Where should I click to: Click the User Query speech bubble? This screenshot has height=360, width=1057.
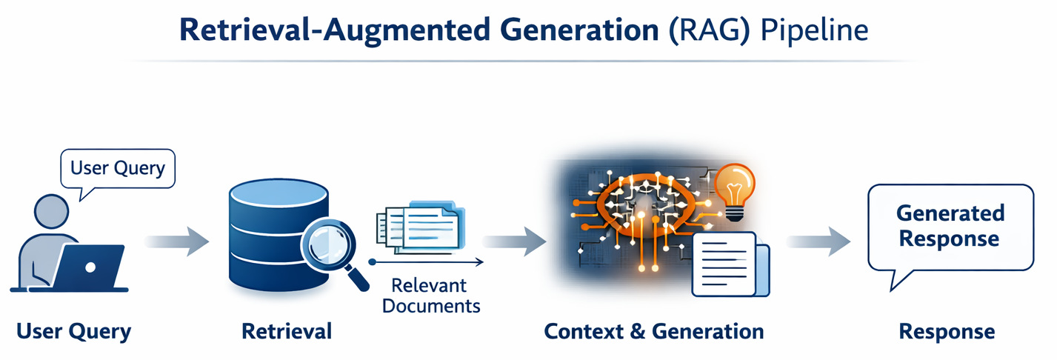[x=117, y=169]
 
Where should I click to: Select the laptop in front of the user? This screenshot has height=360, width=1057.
[x=90, y=267]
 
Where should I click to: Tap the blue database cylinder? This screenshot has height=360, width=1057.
[x=276, y=230]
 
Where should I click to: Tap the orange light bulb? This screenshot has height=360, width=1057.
[x=734, y=187]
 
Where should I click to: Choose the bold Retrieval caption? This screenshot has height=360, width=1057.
[x=287, y=331]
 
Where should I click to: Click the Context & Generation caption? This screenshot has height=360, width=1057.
[x=653, y=331]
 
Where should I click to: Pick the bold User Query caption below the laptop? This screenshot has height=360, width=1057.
[x=73, y=331]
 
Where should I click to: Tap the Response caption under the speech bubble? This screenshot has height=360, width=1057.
[x=947, y=331]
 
